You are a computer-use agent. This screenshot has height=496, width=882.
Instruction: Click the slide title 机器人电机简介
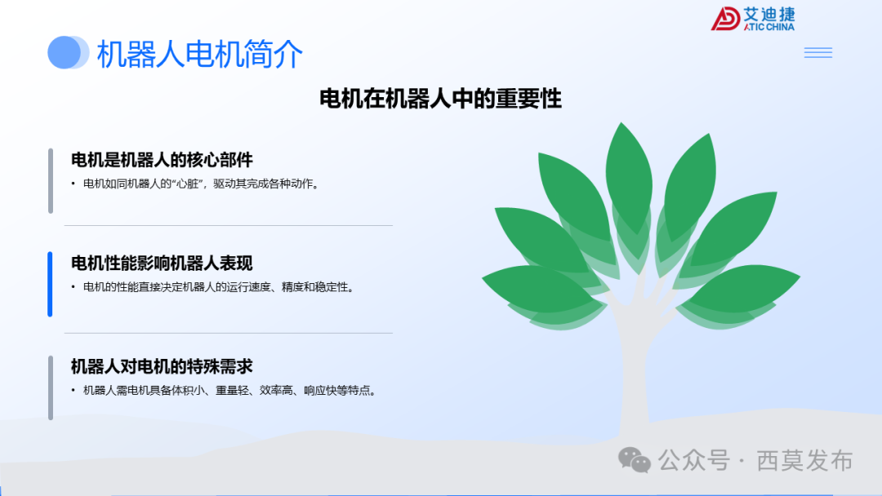pyautogui.click(x=200, y=54)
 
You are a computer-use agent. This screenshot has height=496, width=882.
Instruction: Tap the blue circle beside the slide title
pyautogui.click(x=65, y=52)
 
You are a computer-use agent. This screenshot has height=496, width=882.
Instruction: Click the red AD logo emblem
pyautogui.click(x=724, y=19)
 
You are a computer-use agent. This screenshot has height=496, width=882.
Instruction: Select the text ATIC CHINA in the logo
pyautogui.click(x=768, y=27)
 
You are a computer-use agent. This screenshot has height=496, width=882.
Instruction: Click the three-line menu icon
pyautogui.click(x=817, y=53)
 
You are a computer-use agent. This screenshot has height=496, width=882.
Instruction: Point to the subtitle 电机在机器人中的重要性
pyautogui.click(x=440, y=100)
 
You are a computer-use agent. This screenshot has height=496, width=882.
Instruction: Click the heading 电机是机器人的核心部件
pyautogui.click(x=162, y=159)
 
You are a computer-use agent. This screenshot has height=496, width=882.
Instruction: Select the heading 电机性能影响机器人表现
pyautogui.click(x=162, y=263)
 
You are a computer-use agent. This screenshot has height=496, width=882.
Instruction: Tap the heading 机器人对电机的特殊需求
pyautogui.click(x=162, y=366)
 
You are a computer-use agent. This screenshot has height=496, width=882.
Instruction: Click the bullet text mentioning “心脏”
pyautogui.click(x=201, y=184)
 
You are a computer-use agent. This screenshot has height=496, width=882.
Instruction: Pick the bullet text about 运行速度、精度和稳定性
pyautogui.click(x=219, y=288)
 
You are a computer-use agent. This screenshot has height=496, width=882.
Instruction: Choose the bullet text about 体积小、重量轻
pyautogui.click(x=229, y=391)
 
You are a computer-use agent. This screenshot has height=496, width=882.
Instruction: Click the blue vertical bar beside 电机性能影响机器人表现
pyautogui.click(x=50, y=284)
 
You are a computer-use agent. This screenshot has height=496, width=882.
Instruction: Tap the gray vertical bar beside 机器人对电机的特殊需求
pyautogui.click(x=50, y=387)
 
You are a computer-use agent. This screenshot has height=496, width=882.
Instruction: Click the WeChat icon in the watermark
pyautogui.click(x=635, y=460)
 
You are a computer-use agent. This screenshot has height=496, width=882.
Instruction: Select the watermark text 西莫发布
pyautogui.click(x=804, y=461)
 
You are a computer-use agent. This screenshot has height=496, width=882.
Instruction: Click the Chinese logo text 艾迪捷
pyautogui.click(x=768, y=14)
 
